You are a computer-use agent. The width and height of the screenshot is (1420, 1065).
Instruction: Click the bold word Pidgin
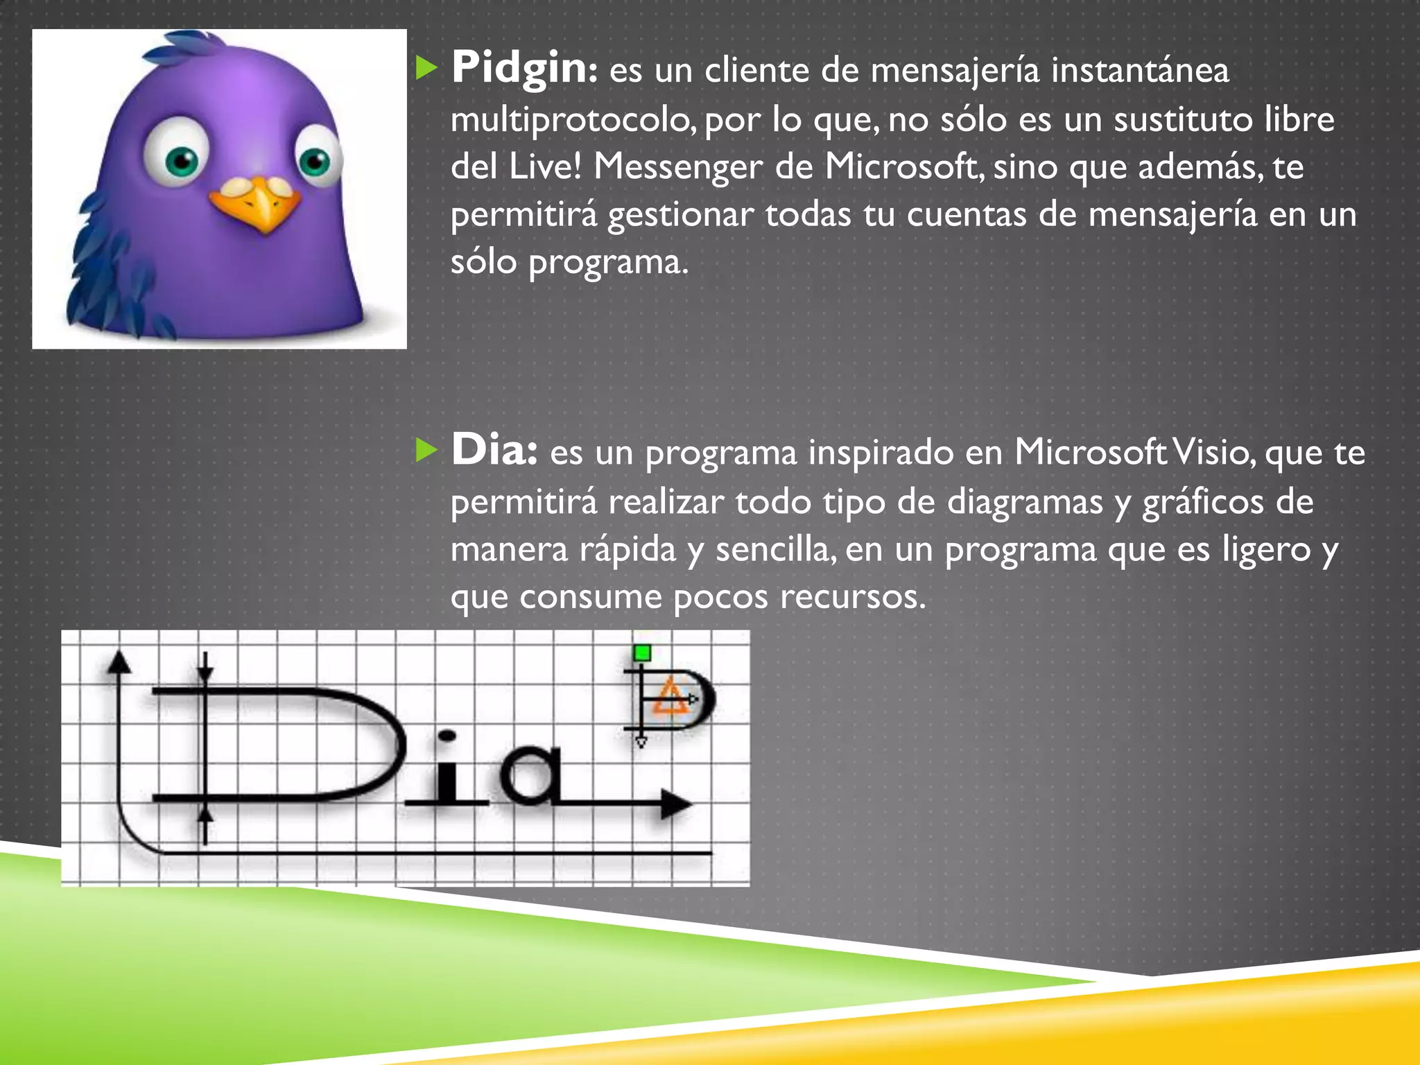tap(519, 69)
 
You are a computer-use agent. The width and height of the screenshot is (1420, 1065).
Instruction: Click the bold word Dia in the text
tap(493, 451)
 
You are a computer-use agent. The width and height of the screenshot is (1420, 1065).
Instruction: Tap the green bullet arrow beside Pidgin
tap(426, 68)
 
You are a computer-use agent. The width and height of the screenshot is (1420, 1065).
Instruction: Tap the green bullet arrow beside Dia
tap(426, 451)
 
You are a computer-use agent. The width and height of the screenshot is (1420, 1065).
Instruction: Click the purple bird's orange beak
tap(258, 205)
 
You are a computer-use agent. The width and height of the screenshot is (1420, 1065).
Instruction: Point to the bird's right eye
tap(316, 162)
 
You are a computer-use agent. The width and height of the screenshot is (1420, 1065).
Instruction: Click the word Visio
tap(1211, 453)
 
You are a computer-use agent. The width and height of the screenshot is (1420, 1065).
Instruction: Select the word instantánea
tap(1140, 71)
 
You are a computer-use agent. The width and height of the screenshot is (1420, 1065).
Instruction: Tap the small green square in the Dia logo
tap(642, 653)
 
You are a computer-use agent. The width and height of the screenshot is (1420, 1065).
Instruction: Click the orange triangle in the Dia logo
tap(670, 698)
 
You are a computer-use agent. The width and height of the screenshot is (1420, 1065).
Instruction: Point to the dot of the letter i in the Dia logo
tap(447, 736)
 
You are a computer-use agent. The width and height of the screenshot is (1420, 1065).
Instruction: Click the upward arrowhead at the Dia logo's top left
tap(119, 662)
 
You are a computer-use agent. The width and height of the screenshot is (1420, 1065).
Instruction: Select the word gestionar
tap(680, 214)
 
